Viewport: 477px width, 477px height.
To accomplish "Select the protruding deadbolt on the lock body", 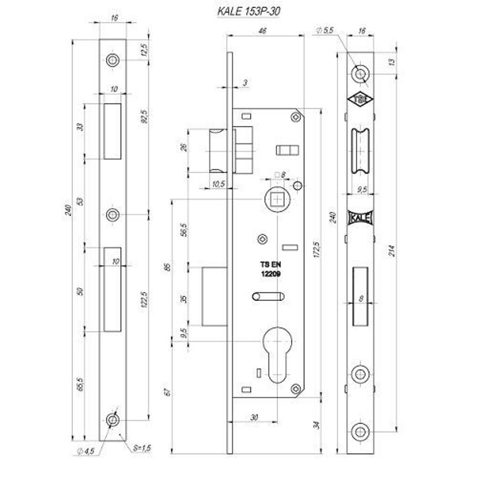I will point(214,297).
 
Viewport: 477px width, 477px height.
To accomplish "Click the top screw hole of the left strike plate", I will point(113,61).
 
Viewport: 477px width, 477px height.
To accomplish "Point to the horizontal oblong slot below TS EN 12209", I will point(269,296).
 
